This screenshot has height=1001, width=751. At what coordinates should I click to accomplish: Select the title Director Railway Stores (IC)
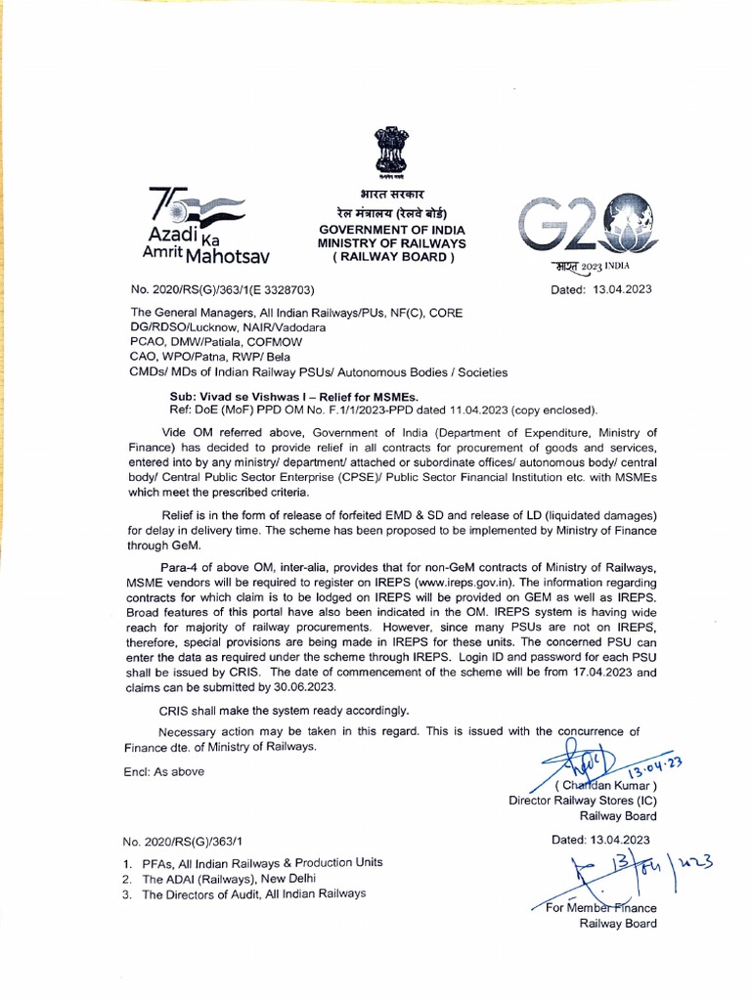pos(583,800)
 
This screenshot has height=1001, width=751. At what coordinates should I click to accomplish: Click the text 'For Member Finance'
pos(601,908)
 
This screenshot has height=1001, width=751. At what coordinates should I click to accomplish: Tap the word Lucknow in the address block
pos(213,327)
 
